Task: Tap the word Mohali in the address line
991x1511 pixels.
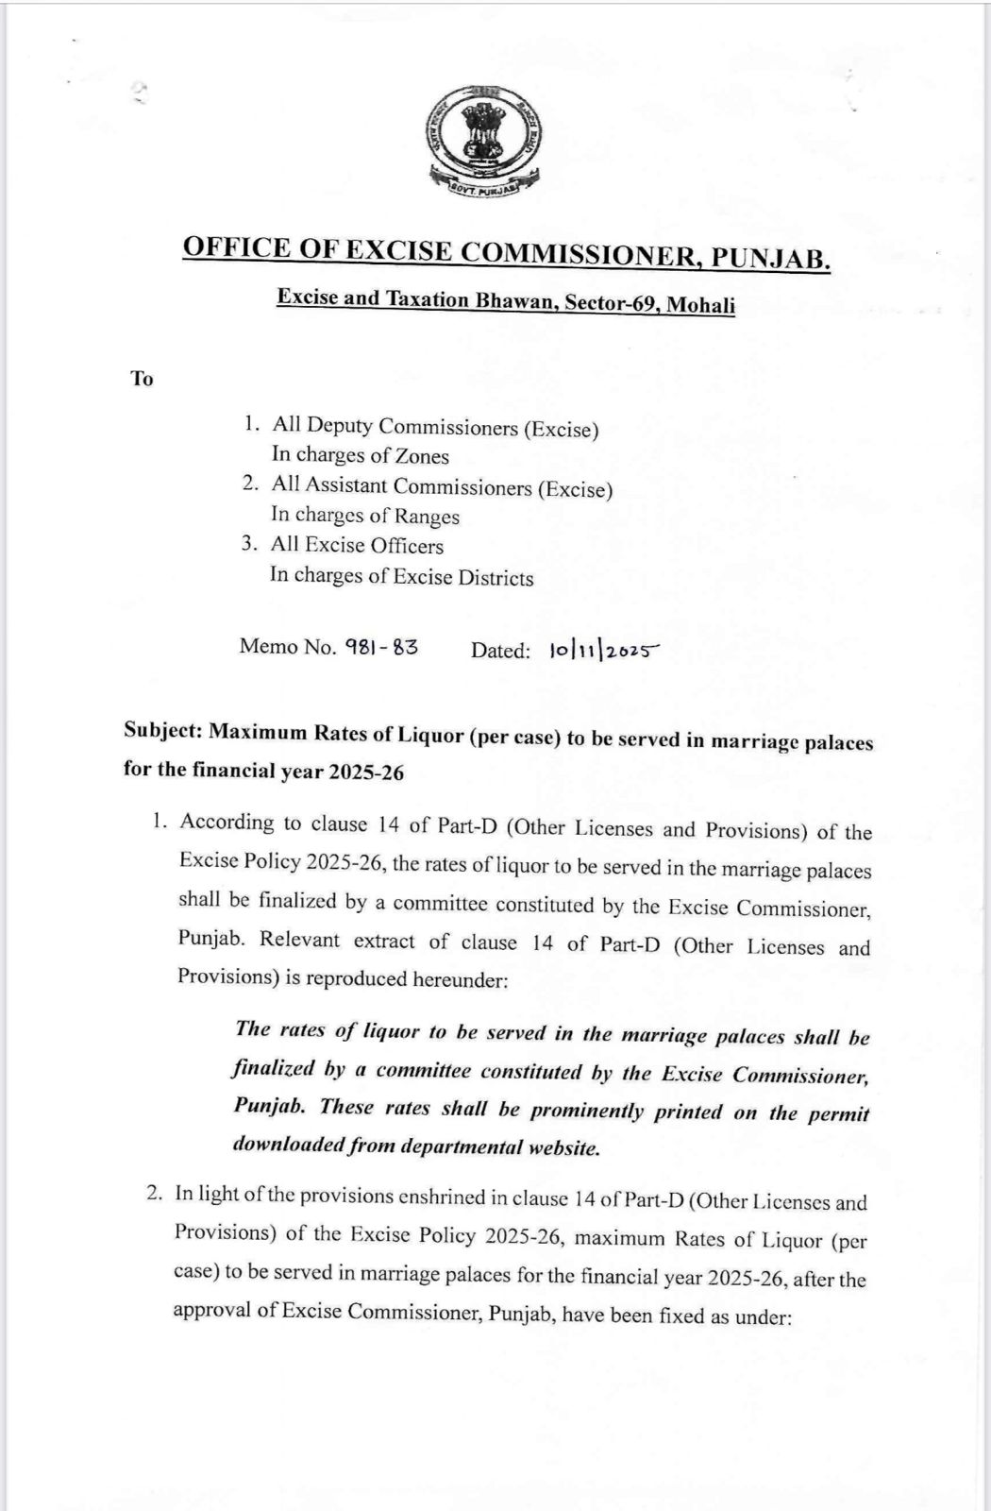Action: [701, 306]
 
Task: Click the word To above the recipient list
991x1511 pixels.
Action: [142, 379]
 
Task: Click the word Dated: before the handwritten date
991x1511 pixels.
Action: [500, 650]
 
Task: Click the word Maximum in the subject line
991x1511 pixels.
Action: [260, 733]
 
